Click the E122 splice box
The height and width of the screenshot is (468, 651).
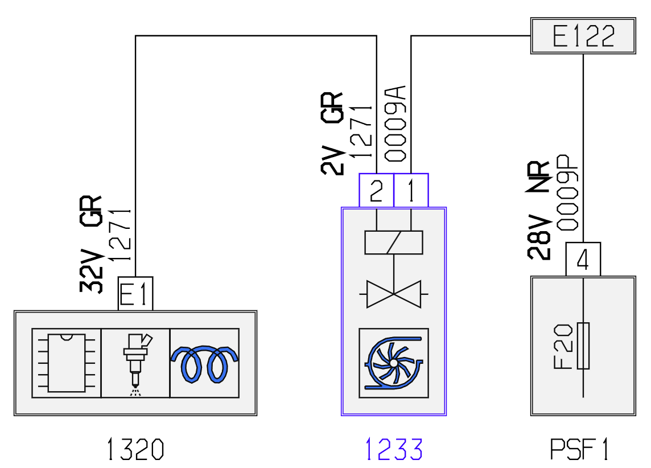(x=583, y=36)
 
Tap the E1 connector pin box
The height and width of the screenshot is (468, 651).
(x=135, y=294)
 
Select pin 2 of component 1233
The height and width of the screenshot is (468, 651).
(x=377, y=190)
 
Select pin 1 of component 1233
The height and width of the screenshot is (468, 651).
(x=411, y=190)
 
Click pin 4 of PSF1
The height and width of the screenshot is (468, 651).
(x=583, y=259)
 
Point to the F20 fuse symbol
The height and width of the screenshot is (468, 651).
(x=583, y=346)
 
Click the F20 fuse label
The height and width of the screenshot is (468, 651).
(x=563, y=347)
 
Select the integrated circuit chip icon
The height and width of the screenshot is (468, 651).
(x=67, y=363)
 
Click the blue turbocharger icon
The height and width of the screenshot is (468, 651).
(x=394, y=363)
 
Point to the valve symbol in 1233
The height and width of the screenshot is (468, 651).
(x=394, y=294)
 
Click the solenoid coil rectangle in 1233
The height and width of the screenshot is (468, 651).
(x=394, y=243)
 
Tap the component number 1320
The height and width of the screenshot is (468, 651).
(x=135, y=449)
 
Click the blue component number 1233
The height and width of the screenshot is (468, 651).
(x=394, y=449)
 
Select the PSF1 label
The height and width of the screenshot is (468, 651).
(x=579, y=449)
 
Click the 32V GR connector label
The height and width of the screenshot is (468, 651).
(x=91, y=244)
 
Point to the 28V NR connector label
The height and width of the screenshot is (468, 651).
(x=538, y=210)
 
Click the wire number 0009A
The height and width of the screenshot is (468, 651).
(x=395, y=124)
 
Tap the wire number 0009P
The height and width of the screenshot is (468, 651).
(x=567, y=192)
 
